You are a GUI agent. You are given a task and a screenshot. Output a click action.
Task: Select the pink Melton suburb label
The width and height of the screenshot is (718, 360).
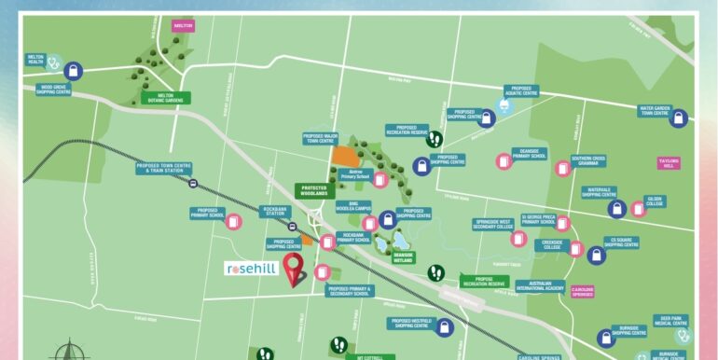coord(183,26)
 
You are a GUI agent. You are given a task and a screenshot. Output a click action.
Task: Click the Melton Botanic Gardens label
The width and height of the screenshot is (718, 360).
coord(166,97)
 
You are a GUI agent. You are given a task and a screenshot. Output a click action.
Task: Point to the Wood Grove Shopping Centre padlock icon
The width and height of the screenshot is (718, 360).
coord(74,70)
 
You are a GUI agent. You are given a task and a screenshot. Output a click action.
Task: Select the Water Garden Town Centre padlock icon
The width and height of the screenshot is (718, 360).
coord(679,118)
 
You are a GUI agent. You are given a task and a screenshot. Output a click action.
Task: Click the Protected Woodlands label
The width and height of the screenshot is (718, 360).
coord(314,189)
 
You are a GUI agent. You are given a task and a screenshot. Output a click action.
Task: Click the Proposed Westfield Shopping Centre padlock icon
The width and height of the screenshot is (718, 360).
coord(445,327)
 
